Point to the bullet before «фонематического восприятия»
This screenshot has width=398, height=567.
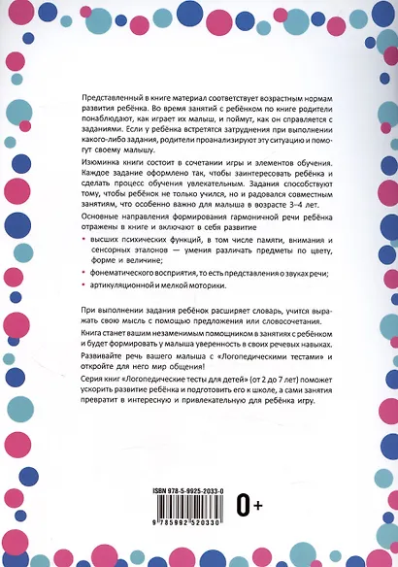[81, 273]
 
